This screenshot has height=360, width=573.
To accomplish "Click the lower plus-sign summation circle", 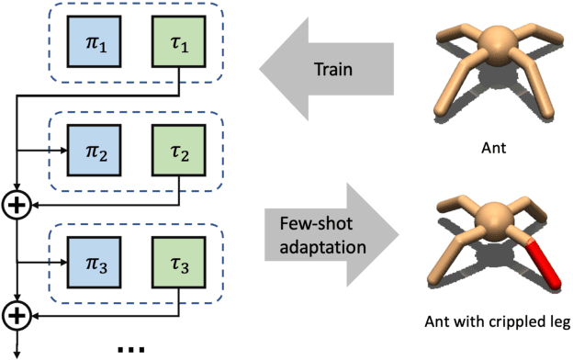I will click(17, 316).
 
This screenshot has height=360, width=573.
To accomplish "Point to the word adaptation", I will click(318, 248).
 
